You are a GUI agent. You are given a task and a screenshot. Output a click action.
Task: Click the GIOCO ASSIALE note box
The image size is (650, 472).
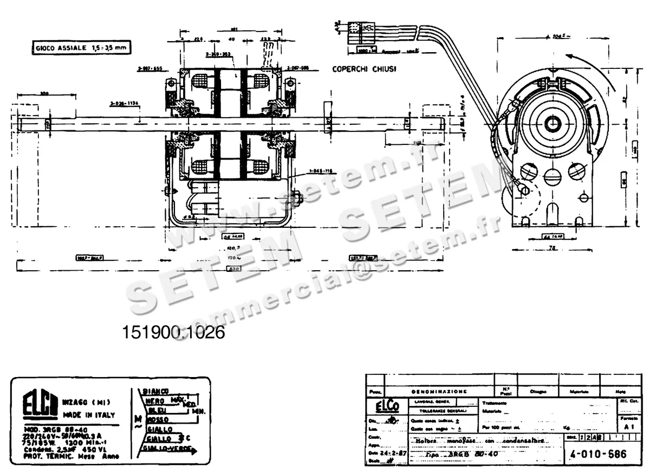(x=81, y=48)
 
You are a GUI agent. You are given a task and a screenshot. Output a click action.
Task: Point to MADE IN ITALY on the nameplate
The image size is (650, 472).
(x=89, y=415)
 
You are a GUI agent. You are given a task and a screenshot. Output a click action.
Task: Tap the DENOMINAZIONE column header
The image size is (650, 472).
(x=439, y=391)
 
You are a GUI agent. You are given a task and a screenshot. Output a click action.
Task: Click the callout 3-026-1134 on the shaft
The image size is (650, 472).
(x=123, y=103)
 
